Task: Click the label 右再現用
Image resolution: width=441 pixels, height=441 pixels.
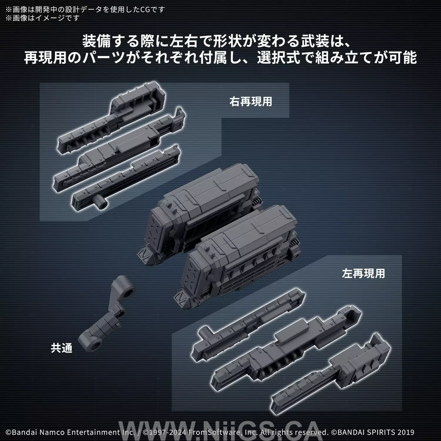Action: pos(251,102)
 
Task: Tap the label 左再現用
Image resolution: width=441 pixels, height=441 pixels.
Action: pos(363,273)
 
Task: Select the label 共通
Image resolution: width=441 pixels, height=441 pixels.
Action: pos(62,348)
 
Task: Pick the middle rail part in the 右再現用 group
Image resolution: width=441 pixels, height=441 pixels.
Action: pos(119,150)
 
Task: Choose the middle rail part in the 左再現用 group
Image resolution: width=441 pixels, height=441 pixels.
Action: pos(286,345)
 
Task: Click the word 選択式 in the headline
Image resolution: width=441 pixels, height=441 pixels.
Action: pos(279,58)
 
